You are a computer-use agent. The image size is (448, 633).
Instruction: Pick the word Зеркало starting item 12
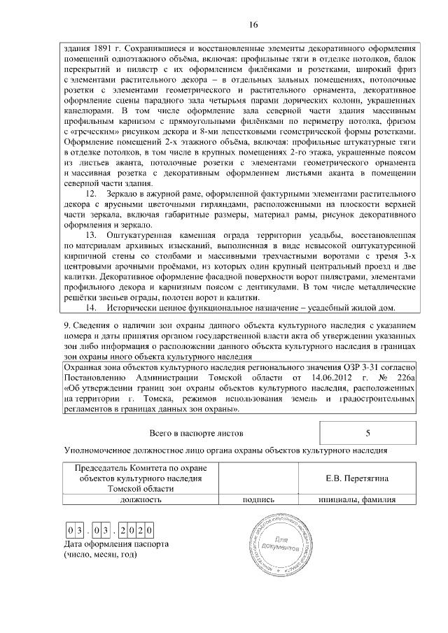pyautogui.click(x=125, y=193)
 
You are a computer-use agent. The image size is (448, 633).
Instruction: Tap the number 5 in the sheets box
pyautogui.click(x=367, y=433)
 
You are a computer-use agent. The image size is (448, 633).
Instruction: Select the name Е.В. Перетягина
pyautogui.click(x=356, y=478)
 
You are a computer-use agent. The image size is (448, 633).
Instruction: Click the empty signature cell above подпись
pyautogui.click(x=258, y=478)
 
